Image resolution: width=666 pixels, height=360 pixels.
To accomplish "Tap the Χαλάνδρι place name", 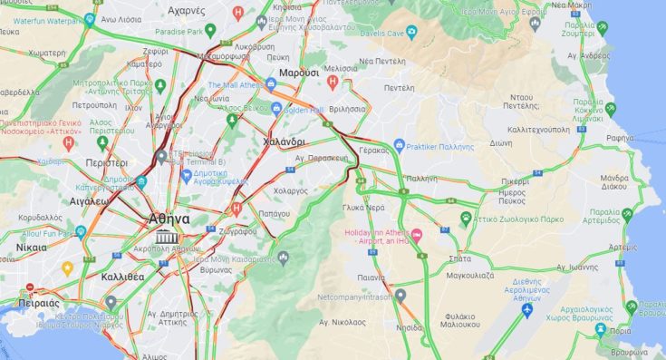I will (x=283, y=142).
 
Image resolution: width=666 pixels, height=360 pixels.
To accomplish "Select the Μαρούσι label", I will (x=298, y=72).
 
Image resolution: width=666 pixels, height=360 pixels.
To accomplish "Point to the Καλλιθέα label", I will (x=122, y=277).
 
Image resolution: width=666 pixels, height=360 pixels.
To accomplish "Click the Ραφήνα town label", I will (x=621, y=137).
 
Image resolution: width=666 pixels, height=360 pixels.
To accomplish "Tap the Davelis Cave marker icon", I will (x=410, y=31).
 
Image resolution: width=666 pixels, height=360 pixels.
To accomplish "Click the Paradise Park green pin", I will (x=210, y=31).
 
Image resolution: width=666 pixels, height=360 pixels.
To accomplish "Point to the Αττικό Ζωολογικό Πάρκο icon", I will (x=466, y=218).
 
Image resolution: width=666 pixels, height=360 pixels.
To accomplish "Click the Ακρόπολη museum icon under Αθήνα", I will (x=165, y=238).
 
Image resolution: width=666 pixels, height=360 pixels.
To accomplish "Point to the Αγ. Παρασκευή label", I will (x=323, y=157).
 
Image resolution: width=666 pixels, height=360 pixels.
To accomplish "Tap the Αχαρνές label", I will (x=189, y=12).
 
